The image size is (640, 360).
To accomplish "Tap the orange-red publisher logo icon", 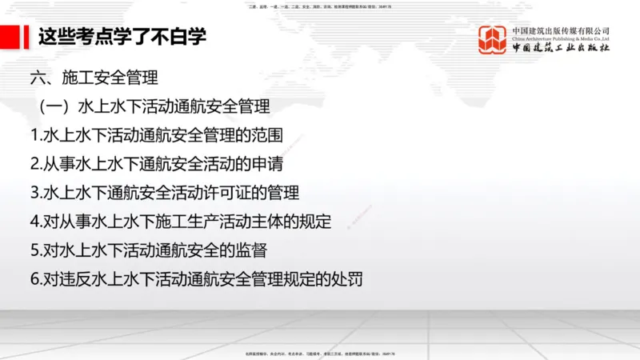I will tap(493, 40).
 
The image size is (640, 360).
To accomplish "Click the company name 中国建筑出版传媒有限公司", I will tap(561, 30).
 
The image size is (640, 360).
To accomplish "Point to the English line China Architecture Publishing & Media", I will tap(561, 38).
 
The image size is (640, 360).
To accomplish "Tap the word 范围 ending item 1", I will tap(268, 135).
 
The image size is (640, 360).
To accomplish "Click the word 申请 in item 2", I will tap(268, 164).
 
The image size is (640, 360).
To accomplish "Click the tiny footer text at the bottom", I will tap(320, 353).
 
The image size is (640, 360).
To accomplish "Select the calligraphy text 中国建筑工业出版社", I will tap(561, 50).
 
